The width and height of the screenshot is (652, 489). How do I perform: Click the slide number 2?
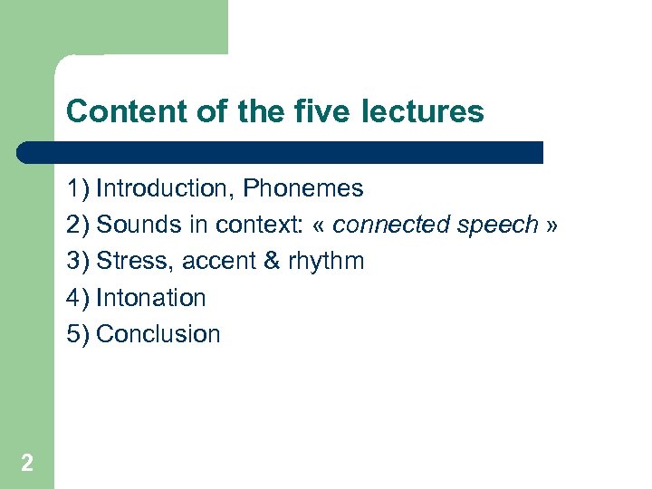coord(27,464)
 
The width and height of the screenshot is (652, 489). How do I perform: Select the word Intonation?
coord(151,297)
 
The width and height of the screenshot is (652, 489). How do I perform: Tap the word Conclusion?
coord(158,333)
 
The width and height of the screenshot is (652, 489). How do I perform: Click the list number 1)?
coord(78,188)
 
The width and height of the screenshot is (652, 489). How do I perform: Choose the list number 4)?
coord(78,297)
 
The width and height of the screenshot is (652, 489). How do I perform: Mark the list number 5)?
coord(78,333)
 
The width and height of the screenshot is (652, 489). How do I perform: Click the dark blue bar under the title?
coord(281,152)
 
